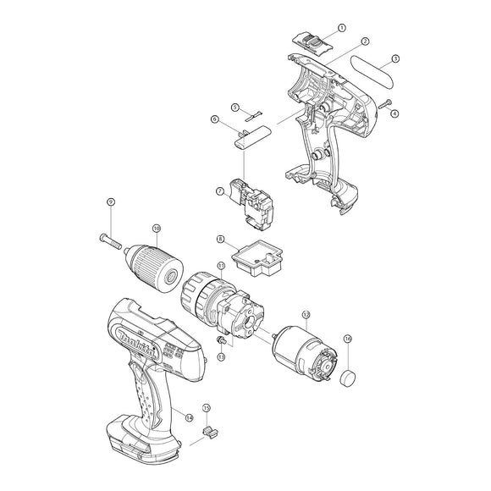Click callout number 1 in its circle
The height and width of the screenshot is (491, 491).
click(x=341, y=28)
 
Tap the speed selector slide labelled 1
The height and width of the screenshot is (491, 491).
click(x=310, y=39)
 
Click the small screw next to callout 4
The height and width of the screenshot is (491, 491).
click(x=386, y=103)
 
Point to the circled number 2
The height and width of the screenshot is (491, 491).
click(x=364, y=41)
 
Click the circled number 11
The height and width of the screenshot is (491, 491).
click(x=220, y=266)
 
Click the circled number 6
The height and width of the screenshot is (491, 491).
click(x=217, y=122)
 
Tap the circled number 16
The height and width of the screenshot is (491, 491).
click(x=347, y=339)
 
